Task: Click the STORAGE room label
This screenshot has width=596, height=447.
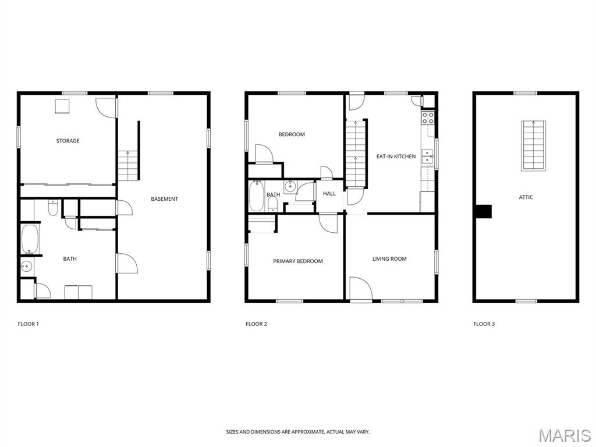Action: (68, 141)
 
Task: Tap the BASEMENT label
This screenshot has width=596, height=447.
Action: (164, 199)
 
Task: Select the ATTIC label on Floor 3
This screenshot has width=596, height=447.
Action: (526, 197)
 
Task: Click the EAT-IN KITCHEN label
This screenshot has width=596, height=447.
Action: (396, 156)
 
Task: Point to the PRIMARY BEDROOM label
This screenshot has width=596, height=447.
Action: (297, 261)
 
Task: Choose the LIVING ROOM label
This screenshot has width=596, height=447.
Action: (389, 259)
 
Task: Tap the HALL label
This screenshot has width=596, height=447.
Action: (329, 193)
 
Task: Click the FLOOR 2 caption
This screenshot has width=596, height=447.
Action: (256, 324)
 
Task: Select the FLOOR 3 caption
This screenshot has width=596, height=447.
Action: (484, 324)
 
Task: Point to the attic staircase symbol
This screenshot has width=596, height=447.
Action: (533, 146)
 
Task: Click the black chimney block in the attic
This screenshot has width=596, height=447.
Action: (484, 212)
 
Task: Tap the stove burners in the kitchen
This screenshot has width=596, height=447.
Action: (428, 118)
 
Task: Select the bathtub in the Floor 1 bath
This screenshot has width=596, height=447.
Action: (30, 239)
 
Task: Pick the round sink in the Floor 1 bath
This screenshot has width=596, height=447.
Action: (26, 267)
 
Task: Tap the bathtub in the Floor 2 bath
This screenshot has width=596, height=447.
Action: (257, 196)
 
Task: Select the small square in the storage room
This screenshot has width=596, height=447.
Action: (62, 106)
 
